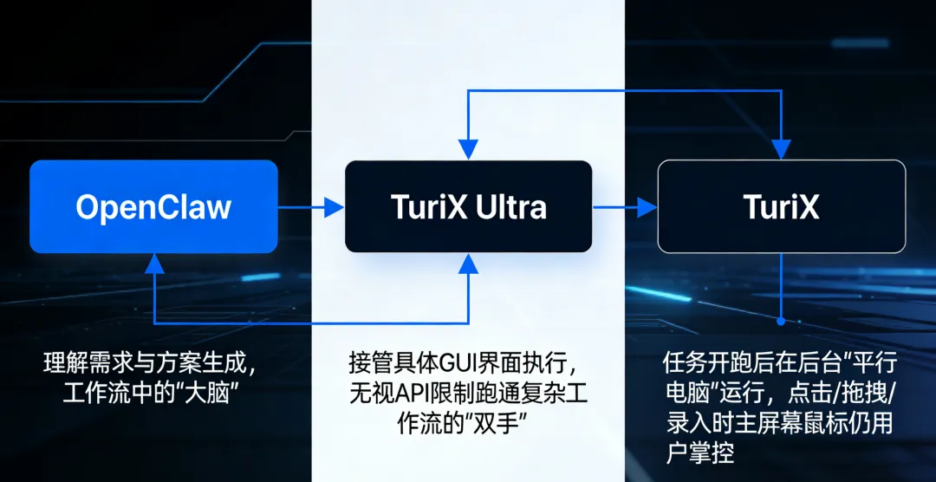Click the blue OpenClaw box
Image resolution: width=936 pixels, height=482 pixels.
pyautogui.click(x=153, y=206)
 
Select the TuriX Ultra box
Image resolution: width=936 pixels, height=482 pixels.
pyautogui.click(x=468, y=206)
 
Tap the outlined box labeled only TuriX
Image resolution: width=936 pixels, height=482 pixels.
pyautogui.click(x=782, y=206)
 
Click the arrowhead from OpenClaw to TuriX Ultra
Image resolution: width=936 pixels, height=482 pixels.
pyautogui.click(x=334, y=206)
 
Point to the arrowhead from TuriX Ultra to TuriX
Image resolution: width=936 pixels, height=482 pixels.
pyautogui.click(x=647, y=206)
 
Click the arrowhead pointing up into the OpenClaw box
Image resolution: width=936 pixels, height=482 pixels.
pyautogui.click(x=154, y=263)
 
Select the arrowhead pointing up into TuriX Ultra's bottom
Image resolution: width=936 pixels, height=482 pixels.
pyautogui.click(x=468, y=263)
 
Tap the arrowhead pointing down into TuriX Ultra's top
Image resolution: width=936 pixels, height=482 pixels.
pyautogui.click(x=468, y=150)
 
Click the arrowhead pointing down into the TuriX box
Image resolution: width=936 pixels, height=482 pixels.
pyautogui.click(x=782, y=150)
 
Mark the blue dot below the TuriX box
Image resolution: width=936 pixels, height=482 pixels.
pyautogui.click(x=782, y=321)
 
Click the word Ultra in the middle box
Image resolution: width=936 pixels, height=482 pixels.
pyautogui.click(x=512, y=207)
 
